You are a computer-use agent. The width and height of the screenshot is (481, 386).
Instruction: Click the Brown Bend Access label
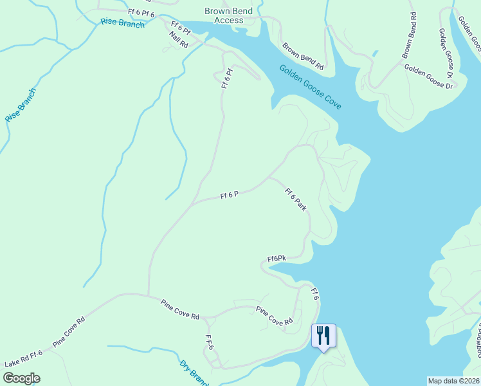(229, 15)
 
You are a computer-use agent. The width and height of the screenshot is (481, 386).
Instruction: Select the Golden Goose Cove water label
(310, 87)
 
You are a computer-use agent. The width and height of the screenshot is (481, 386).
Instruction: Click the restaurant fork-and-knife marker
(323, 335)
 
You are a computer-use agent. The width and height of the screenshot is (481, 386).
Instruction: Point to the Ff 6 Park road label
(296, 199)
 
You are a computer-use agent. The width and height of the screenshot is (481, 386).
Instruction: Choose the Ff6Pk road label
(277, 259)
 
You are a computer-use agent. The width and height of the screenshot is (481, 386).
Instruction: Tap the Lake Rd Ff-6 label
(23, 358)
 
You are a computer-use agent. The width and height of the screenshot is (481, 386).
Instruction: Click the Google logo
(21, 378)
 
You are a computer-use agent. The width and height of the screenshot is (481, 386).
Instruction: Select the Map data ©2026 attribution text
(454, 381)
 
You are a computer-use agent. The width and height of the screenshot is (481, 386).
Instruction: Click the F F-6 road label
(209, 343)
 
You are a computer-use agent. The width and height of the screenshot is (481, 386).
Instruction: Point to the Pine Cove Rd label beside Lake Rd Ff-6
(69, 332)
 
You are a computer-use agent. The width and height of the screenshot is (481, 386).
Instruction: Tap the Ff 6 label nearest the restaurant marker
(315, 295)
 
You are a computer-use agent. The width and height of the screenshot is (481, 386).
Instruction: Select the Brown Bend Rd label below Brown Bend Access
(303, 55)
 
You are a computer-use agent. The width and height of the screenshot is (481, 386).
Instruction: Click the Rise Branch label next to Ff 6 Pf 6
(123, 23)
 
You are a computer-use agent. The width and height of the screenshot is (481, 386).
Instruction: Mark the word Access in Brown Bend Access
(229, 20)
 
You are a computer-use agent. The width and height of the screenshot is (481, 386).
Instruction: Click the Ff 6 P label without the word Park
(230, 194)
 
